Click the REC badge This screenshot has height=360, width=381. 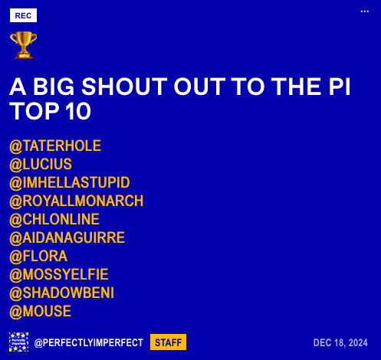pyautogui.click(x=23, y=15)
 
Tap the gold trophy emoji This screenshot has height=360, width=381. pyautogui.click(x=23, y=45)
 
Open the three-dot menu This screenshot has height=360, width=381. pyautogui.click(x=365, y=11)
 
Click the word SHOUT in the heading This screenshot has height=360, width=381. pyautogui.click(x=124, y=87)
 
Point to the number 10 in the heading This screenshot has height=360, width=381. pyautogui.click(x=78, y=111)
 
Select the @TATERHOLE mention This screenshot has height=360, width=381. pyautogui.click(x=55, y=146)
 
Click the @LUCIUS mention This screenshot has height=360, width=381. pyautogui.click(x=41, y=164)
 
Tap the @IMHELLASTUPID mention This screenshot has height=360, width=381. pyautogui.click(x=70, y=182)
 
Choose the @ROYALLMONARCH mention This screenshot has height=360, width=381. pyautogui.click(x=77, y=201)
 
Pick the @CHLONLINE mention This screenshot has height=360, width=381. pyautogui.click(x=54, y=219)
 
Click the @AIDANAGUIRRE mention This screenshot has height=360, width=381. pyautogui.click(x=67, y=237)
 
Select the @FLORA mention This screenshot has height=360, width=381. pyautogui.click(x=38, y=256)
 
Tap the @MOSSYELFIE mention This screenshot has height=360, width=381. pyautogui.click(x=59, y=274)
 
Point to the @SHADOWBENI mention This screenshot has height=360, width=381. pyautogui.click(x=61, y=293)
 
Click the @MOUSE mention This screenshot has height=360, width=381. pyautogui.click(x=41, y=311)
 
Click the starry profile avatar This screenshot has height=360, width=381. pyautogui.click(x=18, y=342)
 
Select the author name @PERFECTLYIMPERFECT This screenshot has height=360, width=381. pyautogui.click(x=89, y=342)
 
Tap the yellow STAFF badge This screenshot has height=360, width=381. pyautogui.click(x=168, y=342)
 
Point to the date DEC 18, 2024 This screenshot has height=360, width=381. pyautogui.click(x=340, y=342)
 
